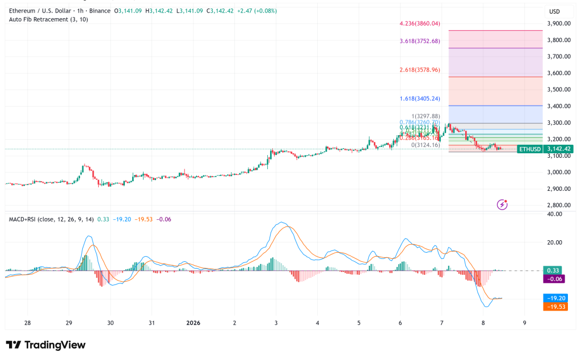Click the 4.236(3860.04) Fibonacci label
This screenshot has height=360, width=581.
click(x=420, y=24)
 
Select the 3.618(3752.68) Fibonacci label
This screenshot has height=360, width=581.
click(x=420, y=41)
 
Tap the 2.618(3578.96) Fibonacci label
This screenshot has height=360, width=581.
click(x=420, y=70)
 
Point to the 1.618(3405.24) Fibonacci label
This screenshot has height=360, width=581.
click(x=420, y=98)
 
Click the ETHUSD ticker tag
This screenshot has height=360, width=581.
click(x=529, y=149)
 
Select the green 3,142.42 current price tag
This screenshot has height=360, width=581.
click(x=559, y=149)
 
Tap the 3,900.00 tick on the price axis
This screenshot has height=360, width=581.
click(x=558, y=24)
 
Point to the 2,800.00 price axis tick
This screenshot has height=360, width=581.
click(x=558, y=205)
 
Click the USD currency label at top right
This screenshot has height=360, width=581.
click(x=554, y=11)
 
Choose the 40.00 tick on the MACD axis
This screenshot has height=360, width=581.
click(x=554, y=214)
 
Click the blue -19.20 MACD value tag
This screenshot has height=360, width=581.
click(x=556, y=298)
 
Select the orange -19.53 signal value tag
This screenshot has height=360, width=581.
click(x=556, y=307)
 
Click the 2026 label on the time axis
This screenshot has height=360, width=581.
click(x=194, y=323)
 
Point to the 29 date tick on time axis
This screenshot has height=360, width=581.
click(x=69, y=323)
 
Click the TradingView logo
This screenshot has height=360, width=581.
click(x=45, y=345)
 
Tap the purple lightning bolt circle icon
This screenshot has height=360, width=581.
click(x=502, y=204)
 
